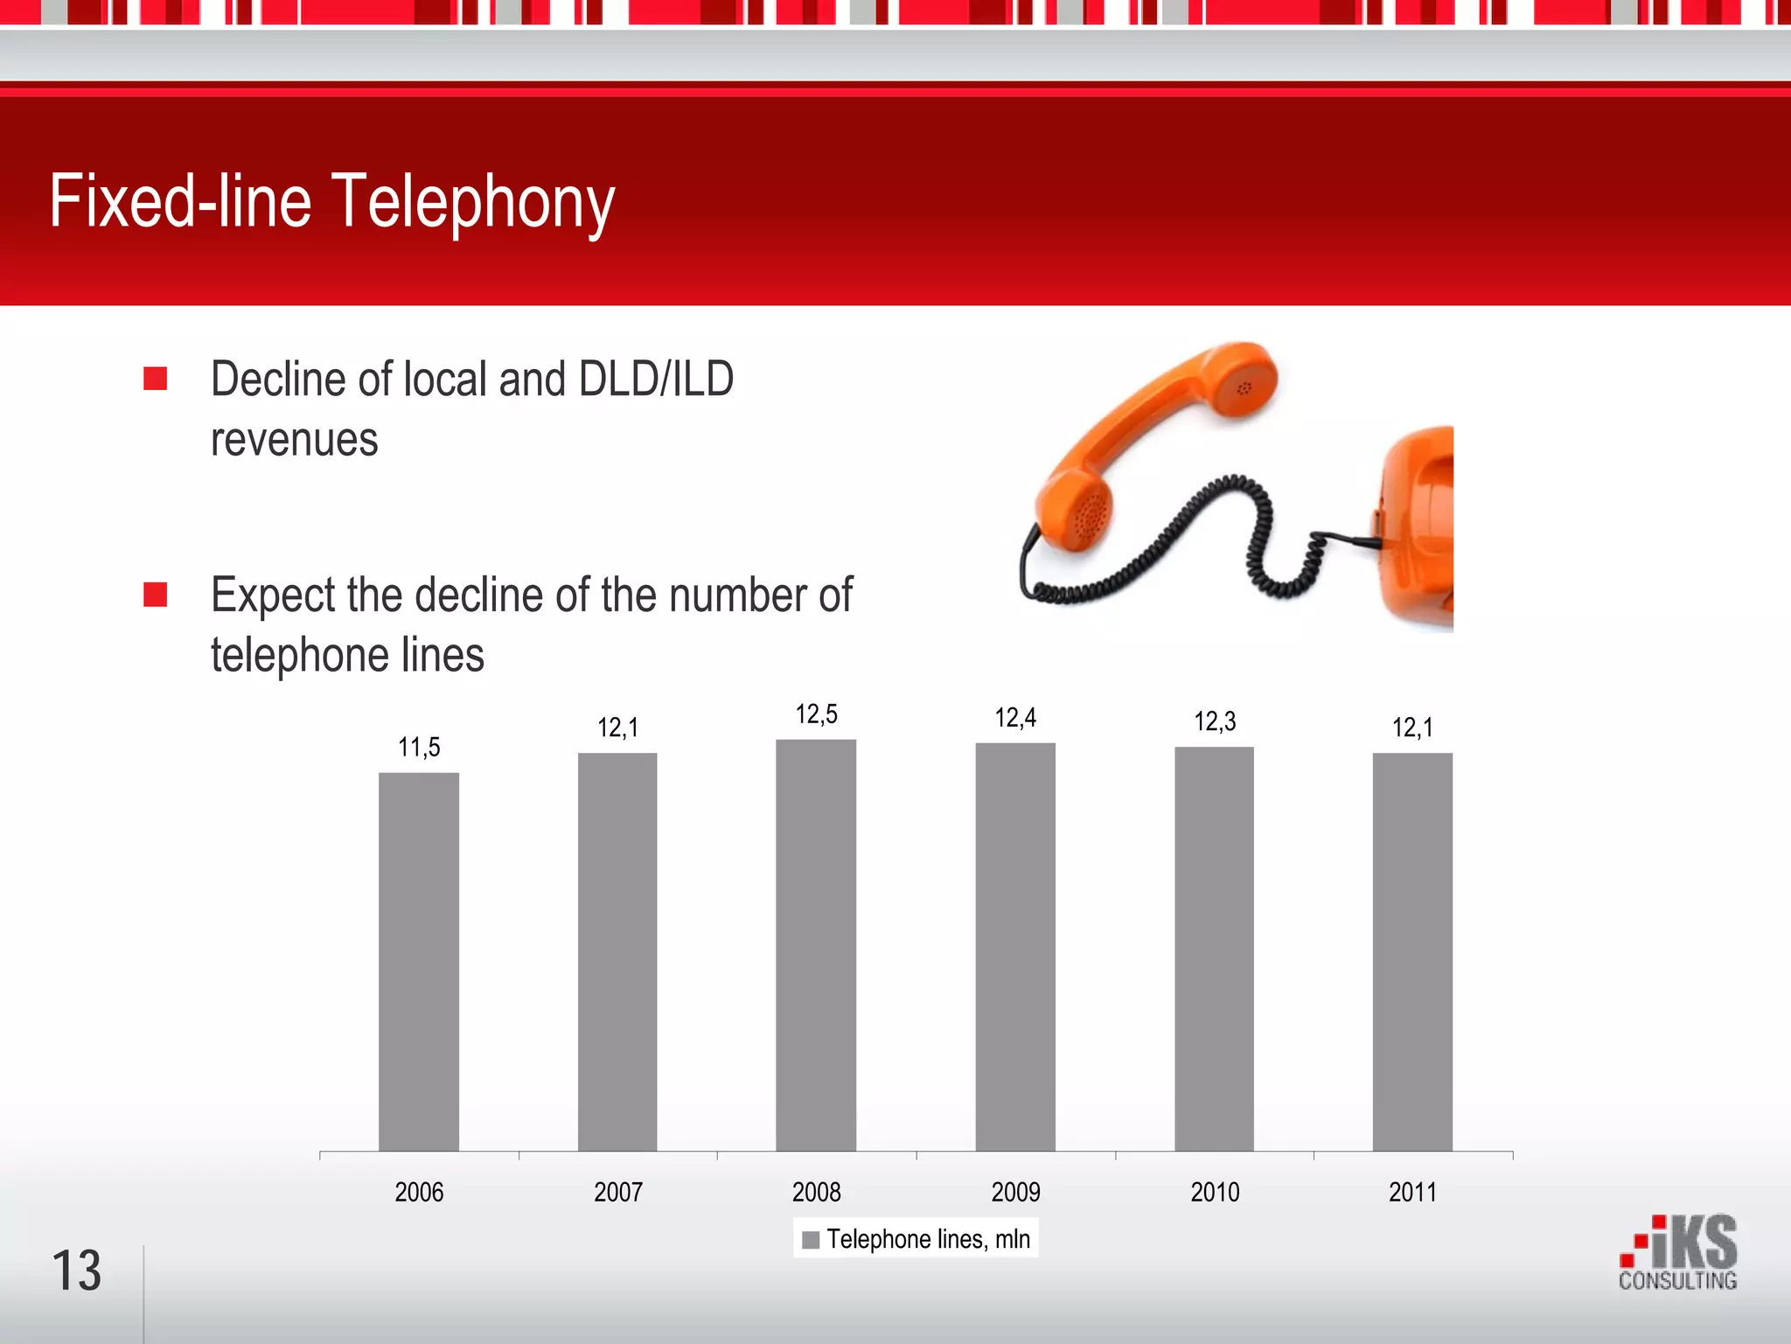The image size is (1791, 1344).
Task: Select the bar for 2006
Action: coord(418,962)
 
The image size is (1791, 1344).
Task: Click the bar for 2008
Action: coord(816,944)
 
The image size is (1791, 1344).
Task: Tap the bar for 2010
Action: coord(1214,949)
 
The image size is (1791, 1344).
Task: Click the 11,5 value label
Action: coord(419,748)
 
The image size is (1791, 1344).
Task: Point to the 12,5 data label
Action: coord(816,714)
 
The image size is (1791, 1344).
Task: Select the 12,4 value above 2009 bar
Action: coord(1015,718)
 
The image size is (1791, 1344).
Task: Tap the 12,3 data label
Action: coord(1215,721)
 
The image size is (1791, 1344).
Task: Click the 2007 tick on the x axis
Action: coord(618,1192)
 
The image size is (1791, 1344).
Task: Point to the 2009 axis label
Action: coord(1015,1192)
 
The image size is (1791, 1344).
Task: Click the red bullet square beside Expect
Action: coord(156,595)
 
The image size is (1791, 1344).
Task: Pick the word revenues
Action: coord(295,439)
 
